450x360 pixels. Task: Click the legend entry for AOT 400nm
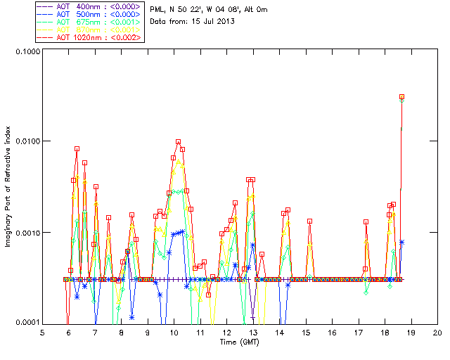coord(89,6)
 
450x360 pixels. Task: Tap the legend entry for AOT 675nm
coord(89,21)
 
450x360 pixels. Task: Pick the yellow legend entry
coord(89,29)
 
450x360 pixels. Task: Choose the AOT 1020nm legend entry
coord(89,37)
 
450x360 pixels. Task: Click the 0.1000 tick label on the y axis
coord(27,51)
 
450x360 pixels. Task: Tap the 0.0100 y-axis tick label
coord(27,141)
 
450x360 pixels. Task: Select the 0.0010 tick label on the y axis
coord(27,232)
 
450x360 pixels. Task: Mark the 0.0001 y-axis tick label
coord(27,322)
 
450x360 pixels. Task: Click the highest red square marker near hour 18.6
coord(402,96)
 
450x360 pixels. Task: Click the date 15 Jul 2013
coord(207,21)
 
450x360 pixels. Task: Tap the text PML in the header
coord(158,9)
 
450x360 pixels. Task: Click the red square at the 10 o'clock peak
coord(179,142)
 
